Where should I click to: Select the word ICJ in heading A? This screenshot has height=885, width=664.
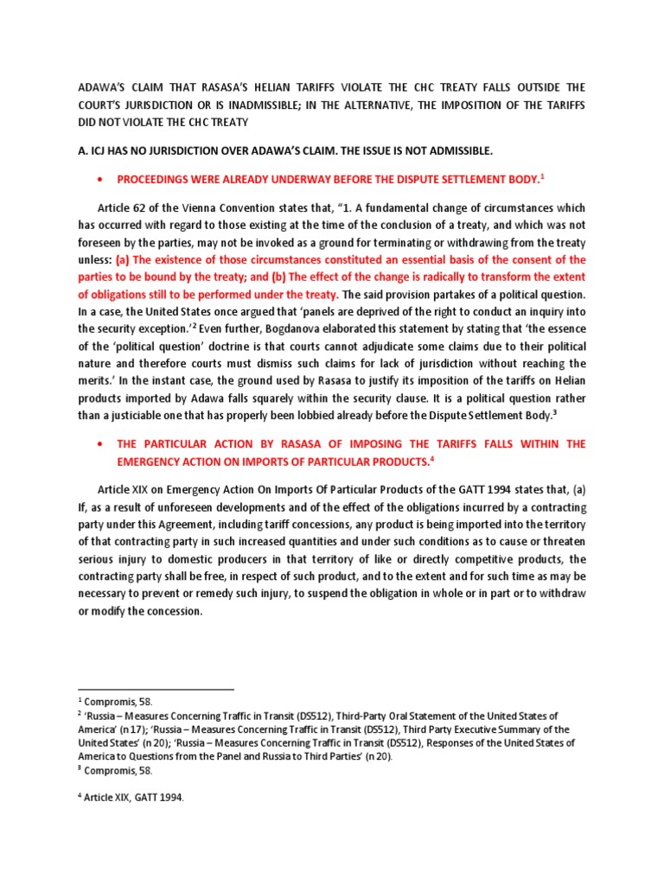pyautogui.click(x=102, y=151)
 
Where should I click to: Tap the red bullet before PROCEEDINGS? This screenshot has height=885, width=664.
pyautogui.click(x=104, y=180)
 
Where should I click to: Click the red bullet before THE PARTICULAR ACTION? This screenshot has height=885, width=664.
pyautogui.click(x=104, y=443)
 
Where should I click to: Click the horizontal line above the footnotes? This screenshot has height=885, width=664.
pyautogui.click(x=156, y=690)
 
